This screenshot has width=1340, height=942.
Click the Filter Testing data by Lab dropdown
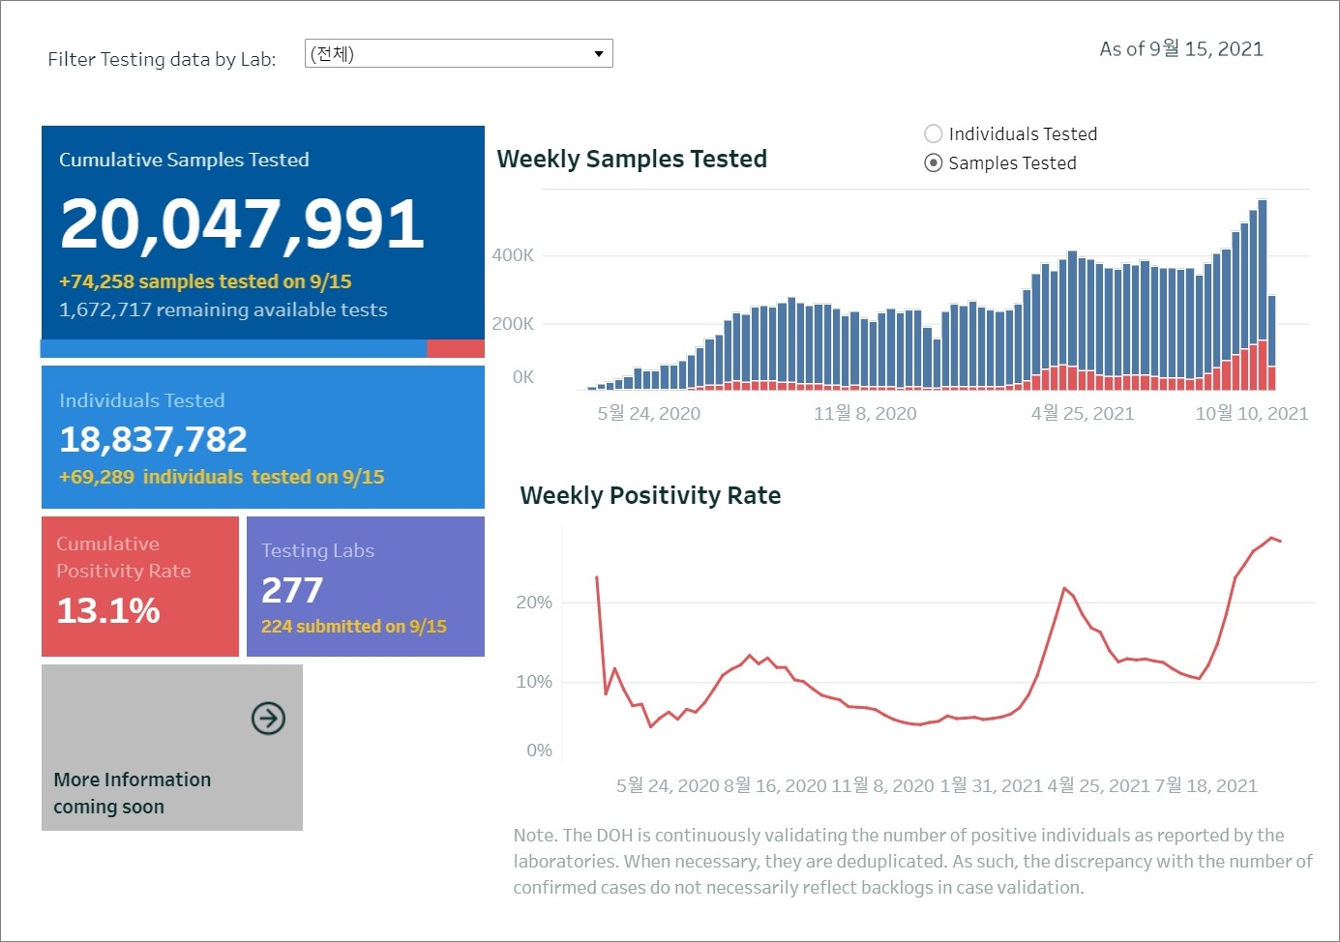[x=459, y=53]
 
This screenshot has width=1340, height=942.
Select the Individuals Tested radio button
[x=934, y=133]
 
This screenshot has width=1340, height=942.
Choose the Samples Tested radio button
[x=934, y=162]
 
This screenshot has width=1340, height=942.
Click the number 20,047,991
[x=242, y=223]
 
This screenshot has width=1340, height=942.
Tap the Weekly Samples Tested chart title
[x=631, y=159]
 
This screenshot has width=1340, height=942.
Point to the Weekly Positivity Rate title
[x=650, y=495]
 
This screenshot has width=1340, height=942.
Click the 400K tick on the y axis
[x=513, y=255]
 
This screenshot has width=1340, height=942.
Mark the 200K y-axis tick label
[x=513, y=324]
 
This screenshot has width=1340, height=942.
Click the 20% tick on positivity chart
[x=534, y=603]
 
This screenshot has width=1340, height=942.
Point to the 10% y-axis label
[x=534, y=682]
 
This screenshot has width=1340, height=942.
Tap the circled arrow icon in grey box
[x=268, y=719]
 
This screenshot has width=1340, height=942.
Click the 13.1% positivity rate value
[x=108, y=610]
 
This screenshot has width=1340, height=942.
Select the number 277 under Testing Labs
[x=292, y=590]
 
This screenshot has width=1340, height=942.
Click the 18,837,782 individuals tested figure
[x=153, y=440]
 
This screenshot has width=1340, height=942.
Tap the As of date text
[x=1181, y=49]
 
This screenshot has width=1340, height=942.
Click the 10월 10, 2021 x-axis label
[x=1251, y=414]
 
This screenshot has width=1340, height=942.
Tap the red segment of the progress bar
[x=455, y=348]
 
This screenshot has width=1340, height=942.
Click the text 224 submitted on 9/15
[x=354, y=627]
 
